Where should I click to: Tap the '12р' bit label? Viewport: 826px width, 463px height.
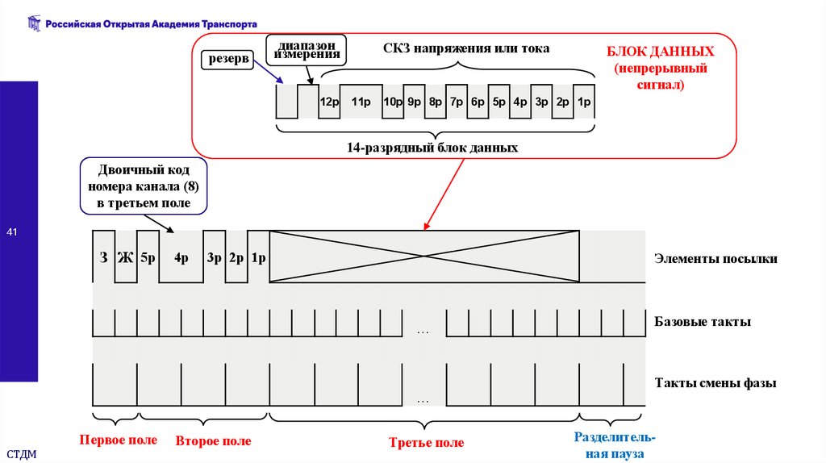pyautogui.click(x=328, y=102)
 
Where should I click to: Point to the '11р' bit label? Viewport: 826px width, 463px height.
pyautogui.click(x=361, y=102)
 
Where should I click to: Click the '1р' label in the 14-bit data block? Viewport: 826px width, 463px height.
pyautogui.click(x=584, y=102)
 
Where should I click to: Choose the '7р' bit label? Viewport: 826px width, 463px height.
pyautogui.click(x=457, y=102)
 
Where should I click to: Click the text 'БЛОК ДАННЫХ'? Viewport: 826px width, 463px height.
pyautogui.click(x=661, y=51)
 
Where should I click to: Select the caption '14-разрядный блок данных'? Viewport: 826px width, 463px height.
pyautogui.click(x=432, y=148)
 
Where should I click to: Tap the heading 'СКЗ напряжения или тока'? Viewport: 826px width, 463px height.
pyautogui.click(x=466, y=48)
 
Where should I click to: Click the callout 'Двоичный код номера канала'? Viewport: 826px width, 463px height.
pyautogui.click(x=144, y=186)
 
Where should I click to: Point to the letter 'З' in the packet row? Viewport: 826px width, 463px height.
pyautogui.click(x=103, y=259)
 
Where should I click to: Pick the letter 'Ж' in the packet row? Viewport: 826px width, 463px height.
pyautogui.click(x=125, y=259)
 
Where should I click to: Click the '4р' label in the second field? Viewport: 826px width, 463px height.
pyautogui.click(x=181, y=259)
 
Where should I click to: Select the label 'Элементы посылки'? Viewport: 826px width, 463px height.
pyautogui.click(x=715, y=259)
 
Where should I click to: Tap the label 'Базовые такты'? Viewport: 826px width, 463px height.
pyautogui.click(x=703, y=321)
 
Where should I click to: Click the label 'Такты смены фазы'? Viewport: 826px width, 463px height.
pyautogui.click(x=715, y=384)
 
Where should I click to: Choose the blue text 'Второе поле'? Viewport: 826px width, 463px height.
pyautogui.click(x=213, y=441)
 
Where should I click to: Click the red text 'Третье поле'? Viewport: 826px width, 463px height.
pyautogui.click(x=426, y=443)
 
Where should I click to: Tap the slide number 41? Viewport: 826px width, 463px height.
pyautogui.click(x=12, y=233)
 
